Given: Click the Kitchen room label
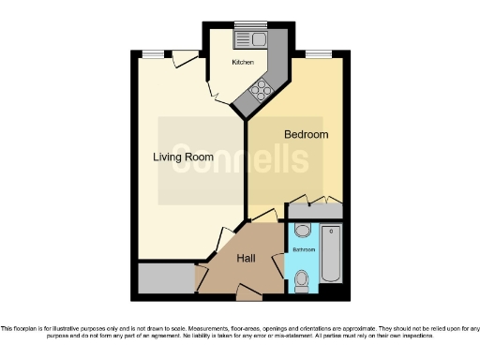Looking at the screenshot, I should tap(243, 62).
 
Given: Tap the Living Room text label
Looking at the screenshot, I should tap(183, 157).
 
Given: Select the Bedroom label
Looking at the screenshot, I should tap(307, 135).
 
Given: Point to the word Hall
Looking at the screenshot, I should tap(246, 258).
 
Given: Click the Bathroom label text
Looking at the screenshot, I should tap(304, 249).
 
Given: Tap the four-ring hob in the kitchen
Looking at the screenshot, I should tap(262, 91).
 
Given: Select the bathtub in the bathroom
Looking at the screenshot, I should tap(332, 254).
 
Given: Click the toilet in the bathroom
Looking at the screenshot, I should tap(302, 278).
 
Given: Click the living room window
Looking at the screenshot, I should tap(153, 53).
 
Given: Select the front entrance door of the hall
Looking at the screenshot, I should tap(248, 294).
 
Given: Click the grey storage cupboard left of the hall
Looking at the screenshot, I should tap(164, 277).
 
